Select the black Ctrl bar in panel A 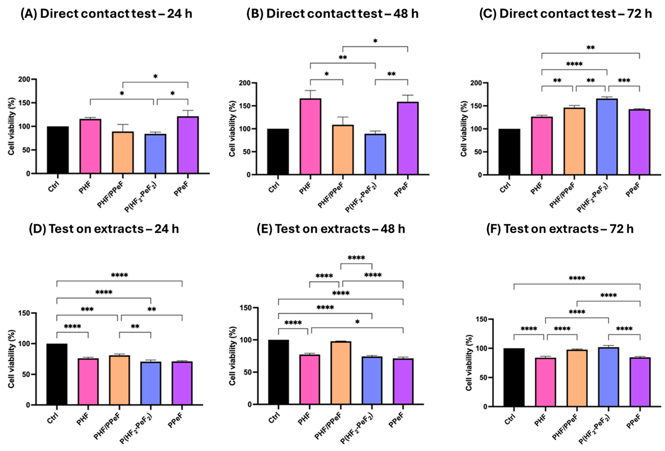pyautogui.click(x=58, y=150)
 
